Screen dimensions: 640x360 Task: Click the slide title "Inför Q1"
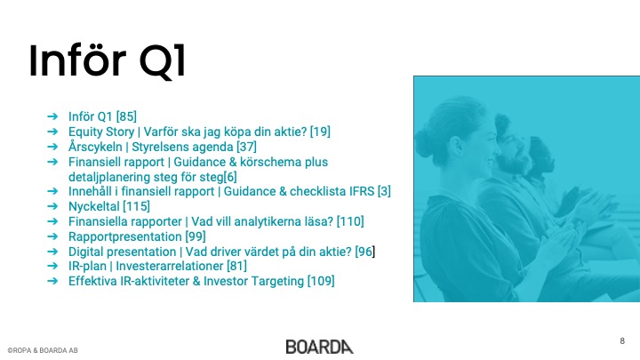click(x=108, y=60)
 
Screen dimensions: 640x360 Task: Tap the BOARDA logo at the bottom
click(x=320, y=347)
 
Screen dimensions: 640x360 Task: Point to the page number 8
click(x=622, y=340)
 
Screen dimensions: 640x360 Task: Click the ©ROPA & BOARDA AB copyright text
click(x=43, y=350)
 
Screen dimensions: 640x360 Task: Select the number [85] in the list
click(x=126, y=116)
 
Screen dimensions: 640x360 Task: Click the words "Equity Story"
click(x=101, y=132)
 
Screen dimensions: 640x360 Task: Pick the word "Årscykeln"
click(x=95, y=147)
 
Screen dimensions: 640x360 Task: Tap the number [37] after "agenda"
click(x=246, y=147)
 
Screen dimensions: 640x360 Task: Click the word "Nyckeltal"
click(x=94, y=206)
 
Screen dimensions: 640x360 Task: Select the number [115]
click(x=136, y=206)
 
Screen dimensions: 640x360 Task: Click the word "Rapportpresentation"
click(x=125, y=236)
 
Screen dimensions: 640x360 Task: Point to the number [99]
click(x=196, y=236)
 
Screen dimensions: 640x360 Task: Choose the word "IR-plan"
click(x=87, y=266)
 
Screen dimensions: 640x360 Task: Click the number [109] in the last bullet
click(x=321, y=281)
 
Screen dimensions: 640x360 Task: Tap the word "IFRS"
click(x=362, y=191)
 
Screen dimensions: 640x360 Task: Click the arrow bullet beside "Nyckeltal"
click(x=52, y=206)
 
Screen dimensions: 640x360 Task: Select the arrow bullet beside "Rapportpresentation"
click(x=52, y=236)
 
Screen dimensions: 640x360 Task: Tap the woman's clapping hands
click(x=564, y=241)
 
